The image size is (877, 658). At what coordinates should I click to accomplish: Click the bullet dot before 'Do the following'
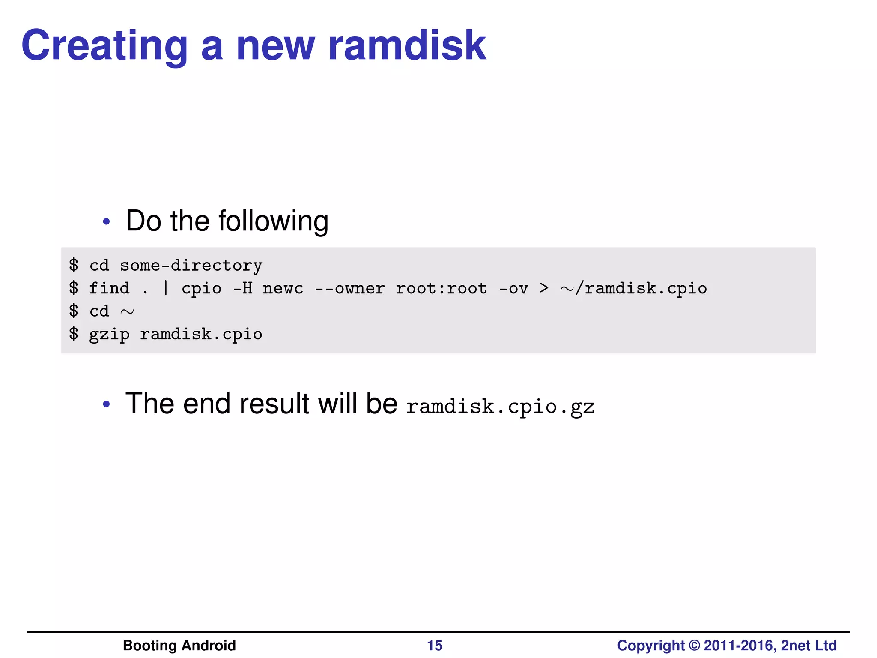(x=107, y=221)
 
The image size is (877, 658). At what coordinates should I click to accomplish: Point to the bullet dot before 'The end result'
(x=107, y=404)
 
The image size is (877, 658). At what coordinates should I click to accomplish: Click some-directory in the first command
(x=191, y=266)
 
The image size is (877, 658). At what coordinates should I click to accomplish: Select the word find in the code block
(x=109, y=288)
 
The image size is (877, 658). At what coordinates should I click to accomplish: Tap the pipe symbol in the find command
(x=166, y=288)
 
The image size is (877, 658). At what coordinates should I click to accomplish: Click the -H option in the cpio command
(x=242, y=288)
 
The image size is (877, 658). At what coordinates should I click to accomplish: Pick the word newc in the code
(x=283, y=288)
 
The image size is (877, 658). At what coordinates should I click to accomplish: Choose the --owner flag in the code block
(x=350, y=288)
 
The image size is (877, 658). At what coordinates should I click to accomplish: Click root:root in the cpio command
(x=441, y=288)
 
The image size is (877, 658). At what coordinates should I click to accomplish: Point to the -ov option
(x=513, y=288)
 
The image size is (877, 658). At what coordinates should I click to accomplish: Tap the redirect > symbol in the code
(x=544, y=288)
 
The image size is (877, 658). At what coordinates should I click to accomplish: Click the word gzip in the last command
(x=109, y=335)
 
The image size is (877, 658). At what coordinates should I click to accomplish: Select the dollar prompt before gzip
(x=74, y=334)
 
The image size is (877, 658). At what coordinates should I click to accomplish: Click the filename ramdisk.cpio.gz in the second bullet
(x=500, y=406)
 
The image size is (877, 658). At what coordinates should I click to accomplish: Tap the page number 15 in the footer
(x=435, y=646)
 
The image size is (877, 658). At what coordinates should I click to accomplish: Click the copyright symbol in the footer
(x=694, y=646)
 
